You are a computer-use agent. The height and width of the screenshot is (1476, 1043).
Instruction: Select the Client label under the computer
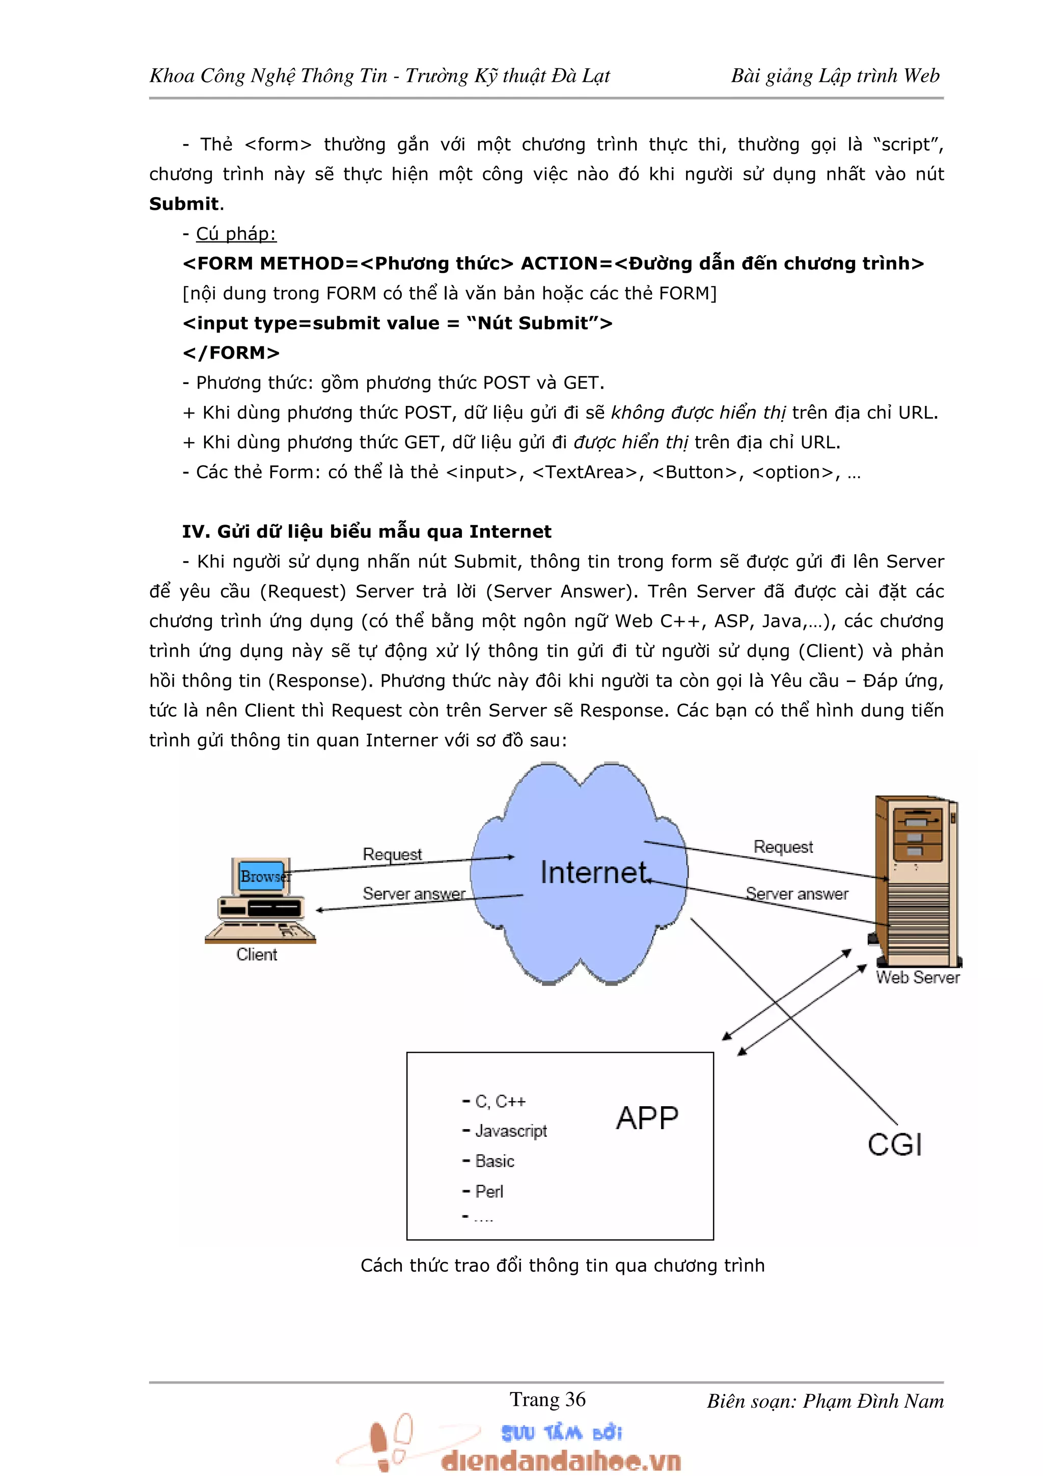click(256, 954)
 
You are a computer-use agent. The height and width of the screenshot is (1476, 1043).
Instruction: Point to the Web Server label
click(917, 977)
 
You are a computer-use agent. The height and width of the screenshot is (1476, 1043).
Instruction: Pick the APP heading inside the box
click(646, 1118)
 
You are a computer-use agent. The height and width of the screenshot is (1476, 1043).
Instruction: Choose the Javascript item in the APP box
click(510, 1131)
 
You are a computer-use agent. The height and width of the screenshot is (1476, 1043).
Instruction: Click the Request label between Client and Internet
click(392, 854)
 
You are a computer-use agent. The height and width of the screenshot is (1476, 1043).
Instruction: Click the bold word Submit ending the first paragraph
click(184, 204)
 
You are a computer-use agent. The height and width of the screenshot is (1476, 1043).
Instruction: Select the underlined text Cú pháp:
click(236, 233)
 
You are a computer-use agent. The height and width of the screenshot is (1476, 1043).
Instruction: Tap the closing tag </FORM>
click(231, 353)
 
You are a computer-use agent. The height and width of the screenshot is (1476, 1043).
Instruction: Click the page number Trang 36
click(547, 1400)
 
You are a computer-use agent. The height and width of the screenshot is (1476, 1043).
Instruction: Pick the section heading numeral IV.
click(193, 532)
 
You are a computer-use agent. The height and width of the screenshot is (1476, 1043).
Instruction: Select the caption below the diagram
click(562, 1265)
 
